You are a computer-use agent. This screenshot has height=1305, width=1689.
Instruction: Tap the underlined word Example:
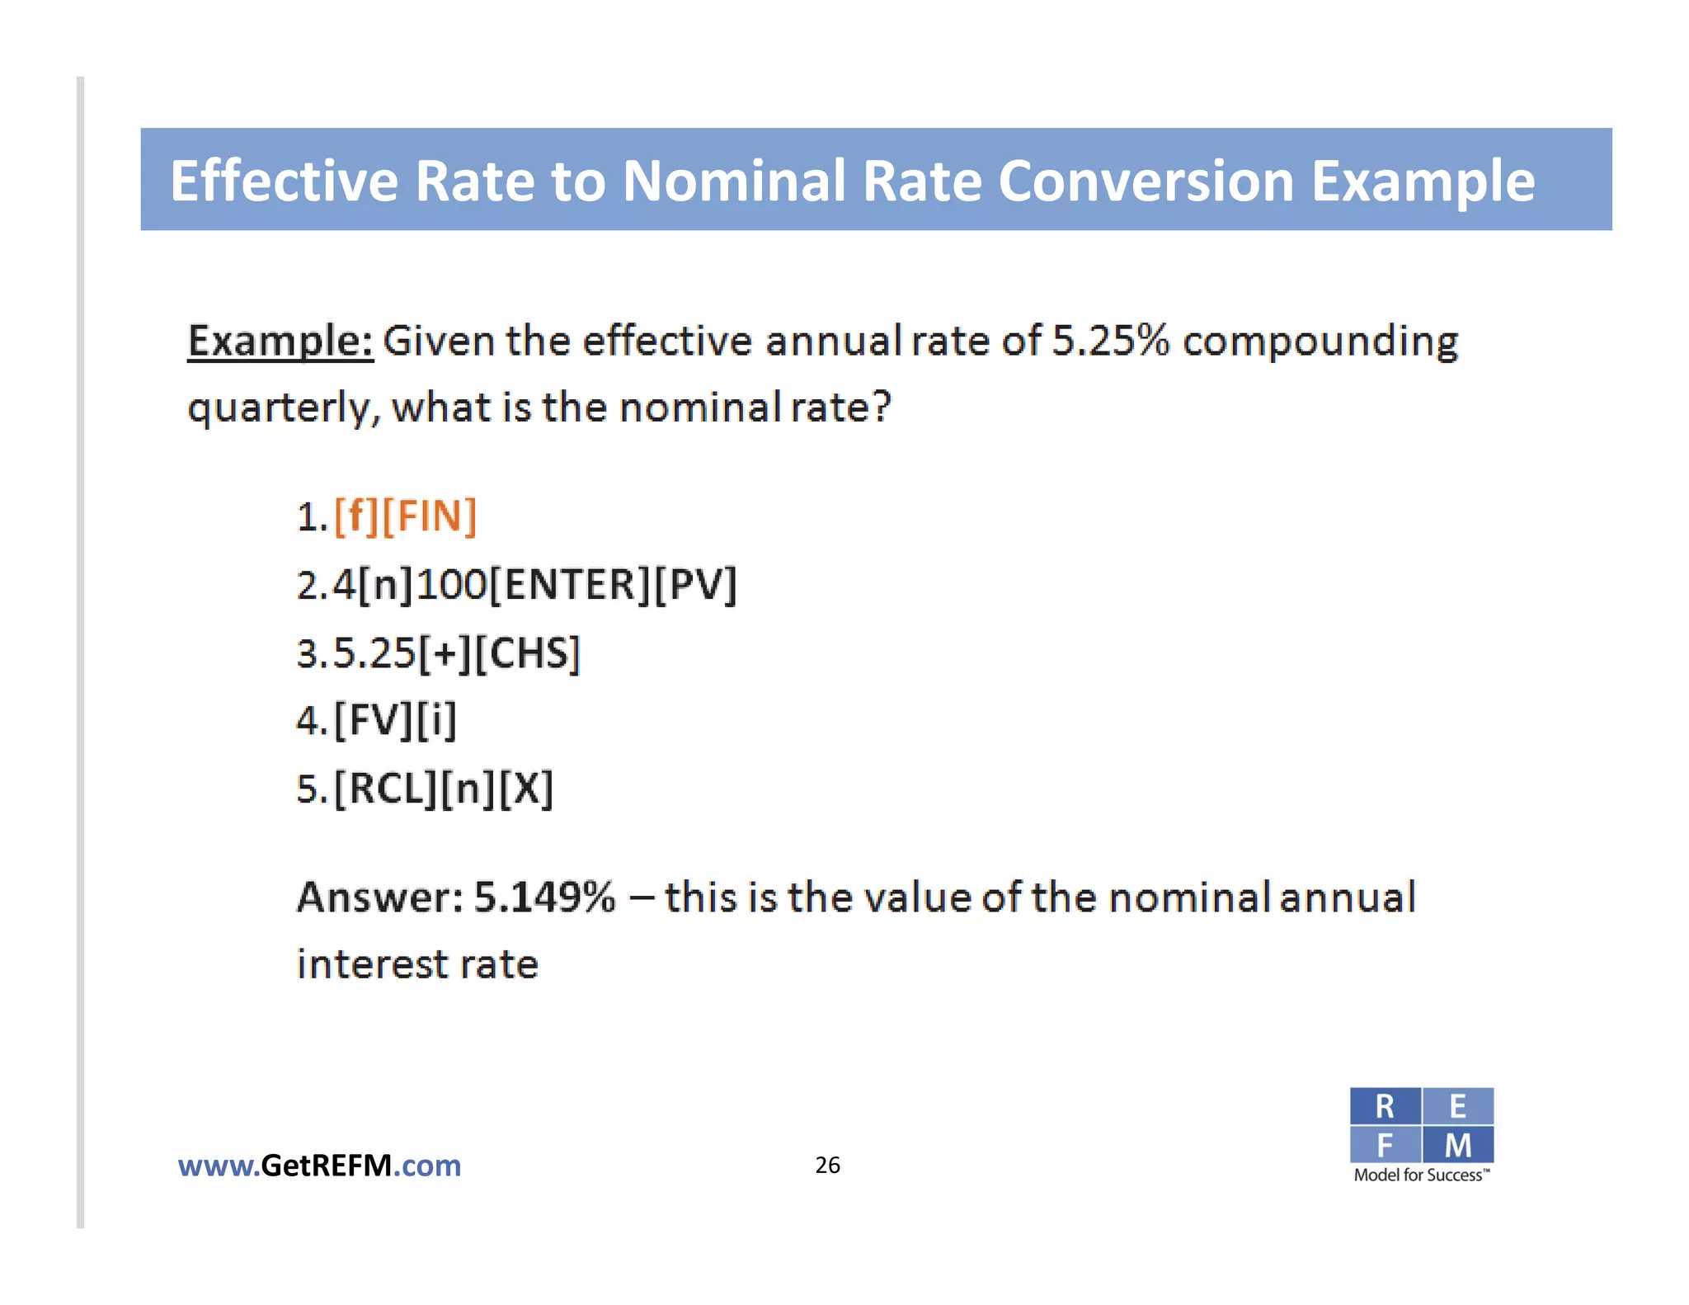tap(280, 341)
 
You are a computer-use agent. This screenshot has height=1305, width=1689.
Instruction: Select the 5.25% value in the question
tap(1110, 340)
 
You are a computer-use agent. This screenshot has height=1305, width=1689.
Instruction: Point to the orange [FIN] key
tap(429, 516)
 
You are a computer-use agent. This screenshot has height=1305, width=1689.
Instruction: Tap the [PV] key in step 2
tap(695, 585)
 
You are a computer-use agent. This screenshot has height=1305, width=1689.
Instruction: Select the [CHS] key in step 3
tap(529, 653)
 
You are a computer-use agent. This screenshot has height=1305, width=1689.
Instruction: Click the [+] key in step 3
tap(445, 653)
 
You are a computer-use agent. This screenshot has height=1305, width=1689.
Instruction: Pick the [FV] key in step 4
tap(373, 720)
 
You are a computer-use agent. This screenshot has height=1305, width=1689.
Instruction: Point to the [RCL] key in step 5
tap(385, 789)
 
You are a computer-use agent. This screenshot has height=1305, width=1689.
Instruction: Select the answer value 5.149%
tap(544, 897)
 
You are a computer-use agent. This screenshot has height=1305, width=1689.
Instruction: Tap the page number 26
tap(827, 1165)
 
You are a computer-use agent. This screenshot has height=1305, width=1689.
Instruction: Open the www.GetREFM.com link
tap(319, 1166)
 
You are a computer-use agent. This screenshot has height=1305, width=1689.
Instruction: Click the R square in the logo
tap(1385, 1106)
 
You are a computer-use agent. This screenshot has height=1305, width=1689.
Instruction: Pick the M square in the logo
tap(1458, 1145)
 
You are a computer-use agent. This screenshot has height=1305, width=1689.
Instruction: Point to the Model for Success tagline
tap(1421, 1175)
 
